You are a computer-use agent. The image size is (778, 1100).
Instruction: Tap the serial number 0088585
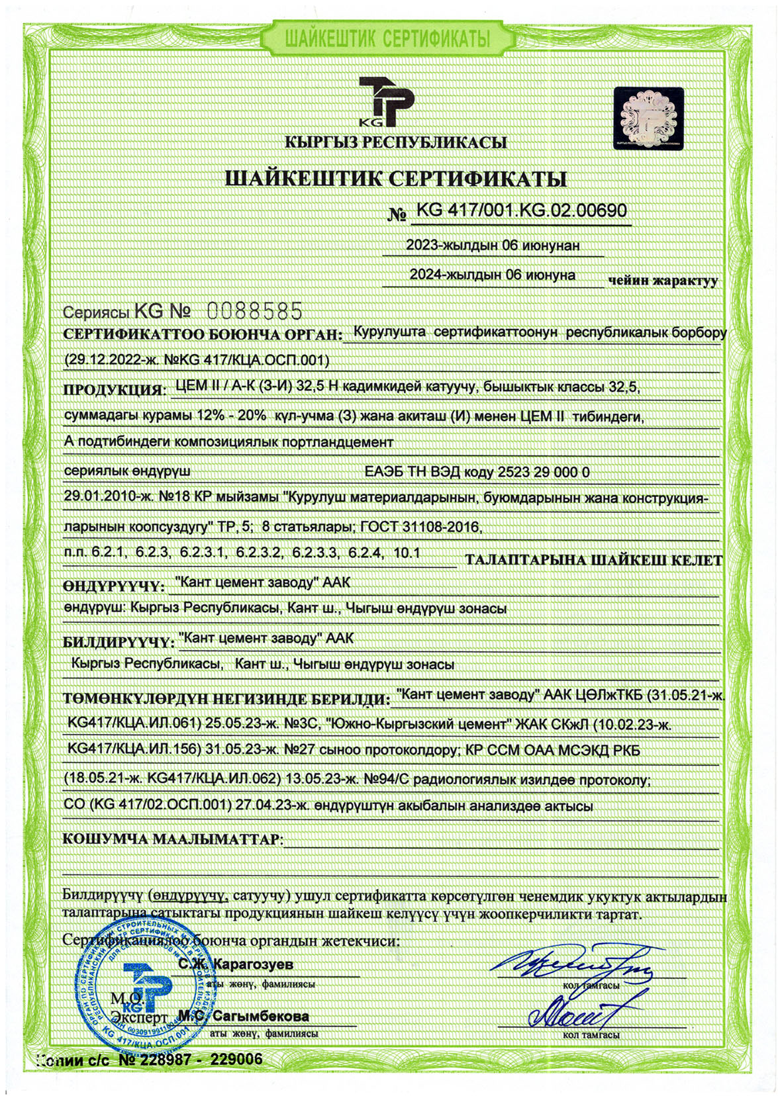click(255, 310)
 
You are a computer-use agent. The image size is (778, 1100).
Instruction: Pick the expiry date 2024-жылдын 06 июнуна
click(493, 274)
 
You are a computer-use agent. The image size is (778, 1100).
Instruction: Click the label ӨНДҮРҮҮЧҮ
click(113, 586)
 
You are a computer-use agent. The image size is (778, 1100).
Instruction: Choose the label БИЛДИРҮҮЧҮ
click(118, 642)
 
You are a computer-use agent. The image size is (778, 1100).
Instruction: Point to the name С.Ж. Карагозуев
click(235, 964)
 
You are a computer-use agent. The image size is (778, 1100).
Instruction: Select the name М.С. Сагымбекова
click(243, 1016)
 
